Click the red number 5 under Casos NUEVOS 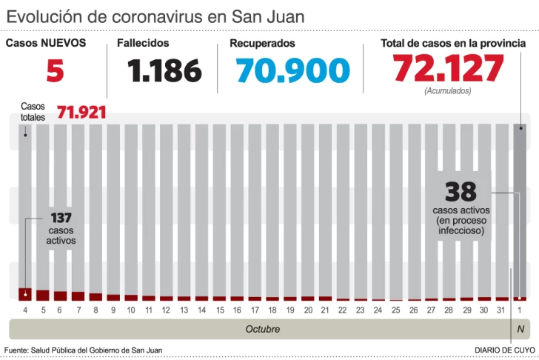55,71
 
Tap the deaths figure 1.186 164,71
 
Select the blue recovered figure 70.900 293,71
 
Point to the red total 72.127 448,69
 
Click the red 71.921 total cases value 81,113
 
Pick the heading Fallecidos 143,44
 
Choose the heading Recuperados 262,44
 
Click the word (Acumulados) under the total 448,91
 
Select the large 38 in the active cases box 460,193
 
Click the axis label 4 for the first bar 25,309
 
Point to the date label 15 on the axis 220,309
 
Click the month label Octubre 263,328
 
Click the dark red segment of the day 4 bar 25,293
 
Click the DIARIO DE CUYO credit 505,350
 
